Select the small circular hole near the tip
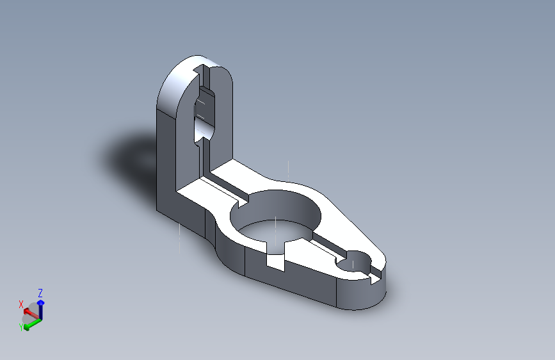[x=353, y=263]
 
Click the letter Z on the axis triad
[x=40, y=293]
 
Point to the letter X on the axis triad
[x=21, y=304]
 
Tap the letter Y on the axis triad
[x=21, y=326]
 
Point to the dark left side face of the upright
[x=165, y=160]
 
